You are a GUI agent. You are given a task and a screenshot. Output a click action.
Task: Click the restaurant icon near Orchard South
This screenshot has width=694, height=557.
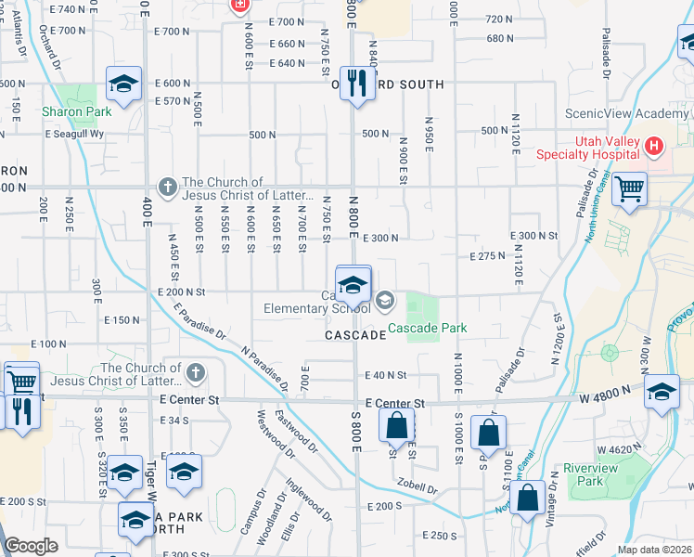[356, 84]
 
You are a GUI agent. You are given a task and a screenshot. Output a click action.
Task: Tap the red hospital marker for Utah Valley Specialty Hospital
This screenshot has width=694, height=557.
[654, 147]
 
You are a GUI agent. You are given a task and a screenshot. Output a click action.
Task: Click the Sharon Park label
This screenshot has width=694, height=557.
[76, 112]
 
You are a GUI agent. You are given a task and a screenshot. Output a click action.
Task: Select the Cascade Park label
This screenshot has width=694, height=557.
[427, 328]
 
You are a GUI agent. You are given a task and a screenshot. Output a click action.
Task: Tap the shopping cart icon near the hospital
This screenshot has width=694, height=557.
[630, 189]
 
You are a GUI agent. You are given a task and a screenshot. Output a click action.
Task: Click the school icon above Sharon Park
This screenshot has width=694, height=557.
[123, 84]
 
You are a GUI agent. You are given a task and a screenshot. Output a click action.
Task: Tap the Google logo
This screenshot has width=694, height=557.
[31, 545]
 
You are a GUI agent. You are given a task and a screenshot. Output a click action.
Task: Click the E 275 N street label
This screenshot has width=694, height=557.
[487, 255]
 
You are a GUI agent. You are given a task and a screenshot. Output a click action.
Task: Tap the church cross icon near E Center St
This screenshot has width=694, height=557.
[195, 374]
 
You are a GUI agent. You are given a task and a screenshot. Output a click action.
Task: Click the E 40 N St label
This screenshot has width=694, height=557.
[386, 375]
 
